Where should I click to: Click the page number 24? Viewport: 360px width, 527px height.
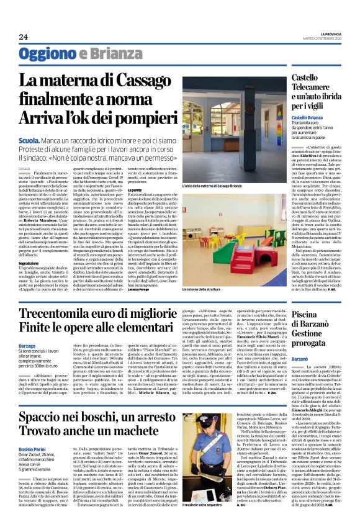tap(23, 37)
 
